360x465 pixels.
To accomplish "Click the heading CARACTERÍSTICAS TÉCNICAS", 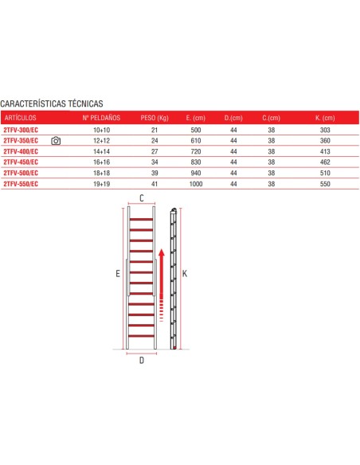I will [52, 104].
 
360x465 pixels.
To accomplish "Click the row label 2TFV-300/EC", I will [21, 128].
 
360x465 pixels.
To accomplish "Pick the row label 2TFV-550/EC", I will [21, 184].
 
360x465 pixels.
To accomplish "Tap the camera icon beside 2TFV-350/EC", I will [56, 140].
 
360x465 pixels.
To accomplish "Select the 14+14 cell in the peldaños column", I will [101, 150].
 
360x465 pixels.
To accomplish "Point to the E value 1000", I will [195, 184].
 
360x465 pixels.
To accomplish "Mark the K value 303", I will [324, 128].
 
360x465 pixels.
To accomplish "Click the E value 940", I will [195, 173].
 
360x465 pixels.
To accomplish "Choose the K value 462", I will [324, 162].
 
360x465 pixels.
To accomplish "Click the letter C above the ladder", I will [141, 197].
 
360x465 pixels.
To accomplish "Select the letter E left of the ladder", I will [117, 273].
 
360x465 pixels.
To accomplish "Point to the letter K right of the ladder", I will [185, 273].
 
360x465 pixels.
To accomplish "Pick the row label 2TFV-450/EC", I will [21, 162].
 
